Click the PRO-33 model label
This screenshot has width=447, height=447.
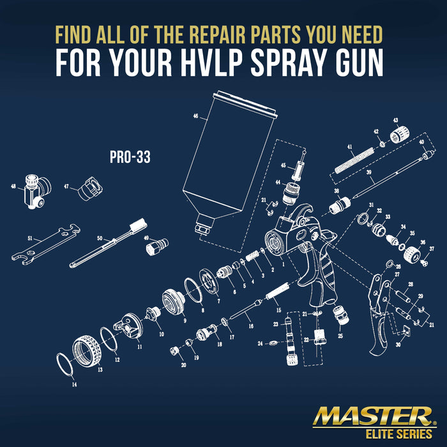130,157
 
